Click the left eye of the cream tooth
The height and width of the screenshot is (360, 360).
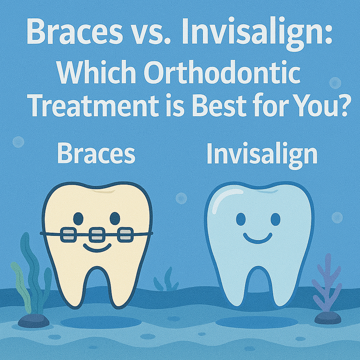(78, 218)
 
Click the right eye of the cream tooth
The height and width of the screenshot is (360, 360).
(115, 218)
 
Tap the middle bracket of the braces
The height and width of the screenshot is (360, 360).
(97, 234)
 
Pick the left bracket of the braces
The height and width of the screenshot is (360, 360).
(68, 234)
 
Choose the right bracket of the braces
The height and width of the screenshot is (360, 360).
(125, 234)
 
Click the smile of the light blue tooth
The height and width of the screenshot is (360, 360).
(257, 239)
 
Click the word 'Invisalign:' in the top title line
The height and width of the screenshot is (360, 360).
(257, 34)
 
